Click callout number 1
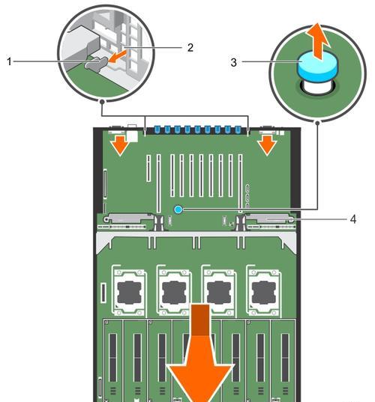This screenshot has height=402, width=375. click(x=9, y=61)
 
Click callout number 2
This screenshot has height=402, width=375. click(x=190, y=48)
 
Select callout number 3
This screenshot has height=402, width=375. click(x=233, y=62)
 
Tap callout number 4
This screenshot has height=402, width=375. click(x=353, y=219)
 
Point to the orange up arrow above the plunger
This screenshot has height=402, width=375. click(x=317, y=41)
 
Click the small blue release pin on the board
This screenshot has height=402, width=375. click(x=178, y=210)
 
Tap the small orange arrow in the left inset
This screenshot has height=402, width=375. click(x=118, y=56)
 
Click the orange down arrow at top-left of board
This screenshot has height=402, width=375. click(x=120, y=146)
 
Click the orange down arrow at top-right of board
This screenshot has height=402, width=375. click(x=268, y=146)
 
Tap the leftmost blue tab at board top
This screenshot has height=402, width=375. click(x=157, y=130)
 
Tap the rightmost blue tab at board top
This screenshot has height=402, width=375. click(x=238, y=130)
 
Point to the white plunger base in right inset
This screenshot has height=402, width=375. click(x=317, y=87)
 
